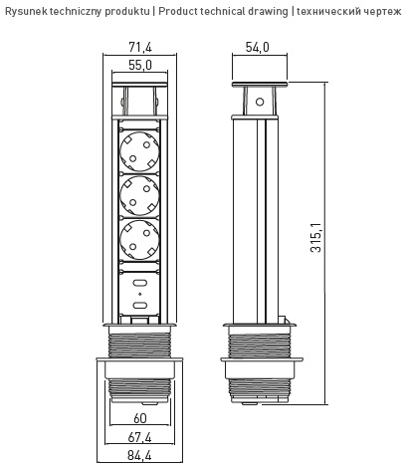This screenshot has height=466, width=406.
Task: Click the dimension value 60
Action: pos(140,418)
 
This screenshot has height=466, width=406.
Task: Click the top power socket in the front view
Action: pos(140,150)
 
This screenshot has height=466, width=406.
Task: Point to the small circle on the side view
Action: pos(260,101)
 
